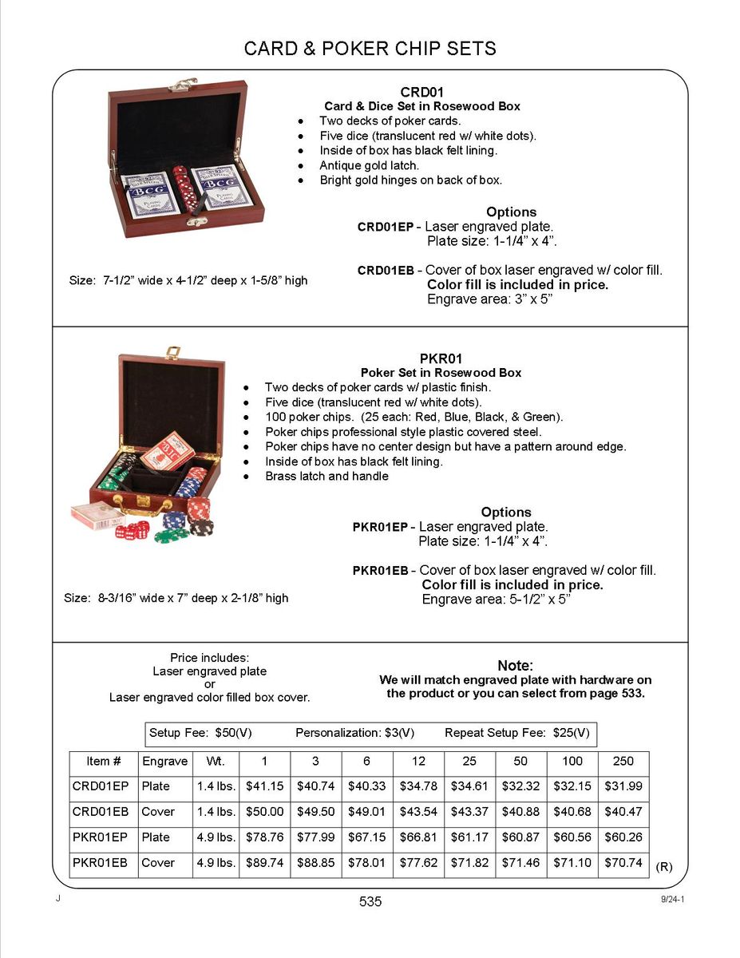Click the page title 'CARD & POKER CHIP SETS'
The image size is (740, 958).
click(x=370, y=49)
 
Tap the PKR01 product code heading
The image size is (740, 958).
click(x=441, y=358)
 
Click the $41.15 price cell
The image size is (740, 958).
click(x=264, y=786)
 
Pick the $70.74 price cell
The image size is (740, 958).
click(x=623, y=863)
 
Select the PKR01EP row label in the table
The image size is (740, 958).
click(x=100, y=837)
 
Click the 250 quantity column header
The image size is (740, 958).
click(x=623, y=762)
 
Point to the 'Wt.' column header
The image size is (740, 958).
click(x=216, y=762)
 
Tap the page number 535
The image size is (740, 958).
click(x=370, y=901)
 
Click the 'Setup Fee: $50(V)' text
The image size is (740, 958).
click(x=200, y=733)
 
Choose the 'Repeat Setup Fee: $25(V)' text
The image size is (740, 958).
click(x=517, y=733)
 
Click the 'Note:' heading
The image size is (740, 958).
click(x=515, y=666)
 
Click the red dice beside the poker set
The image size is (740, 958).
click(x=131, y=530)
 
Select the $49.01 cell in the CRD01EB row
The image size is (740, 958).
click(x=366, y=812)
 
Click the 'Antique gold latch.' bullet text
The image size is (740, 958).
click(x=370, y=165)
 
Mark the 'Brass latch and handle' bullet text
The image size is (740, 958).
click(x=326, y=477)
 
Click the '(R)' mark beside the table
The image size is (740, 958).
click(x=663, y=867)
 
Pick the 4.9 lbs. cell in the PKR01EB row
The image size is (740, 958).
click(x=216, y=863)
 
